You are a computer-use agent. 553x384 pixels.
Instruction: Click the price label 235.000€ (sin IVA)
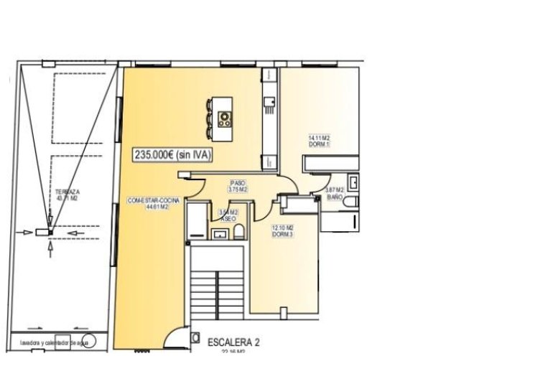coord(172,154)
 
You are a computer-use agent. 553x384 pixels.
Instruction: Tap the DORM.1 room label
coord(319,144)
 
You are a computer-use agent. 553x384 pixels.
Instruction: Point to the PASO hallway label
coord(238,182)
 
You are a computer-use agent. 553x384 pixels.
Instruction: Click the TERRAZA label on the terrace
coord(66,192)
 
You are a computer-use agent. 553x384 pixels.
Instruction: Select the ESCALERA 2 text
coord(233,342)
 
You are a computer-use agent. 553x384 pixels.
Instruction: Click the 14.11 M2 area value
coord(319,137)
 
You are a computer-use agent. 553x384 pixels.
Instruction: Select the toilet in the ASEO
coord(240,229)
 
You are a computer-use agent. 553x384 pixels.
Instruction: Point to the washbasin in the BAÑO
coord(353,181)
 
